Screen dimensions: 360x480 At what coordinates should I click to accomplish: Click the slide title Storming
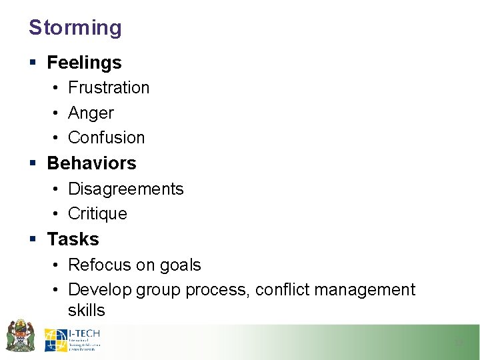point(75,28)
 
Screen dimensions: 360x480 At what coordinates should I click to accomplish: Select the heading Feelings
point(84,63)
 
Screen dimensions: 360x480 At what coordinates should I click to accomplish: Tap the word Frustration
point(109,88)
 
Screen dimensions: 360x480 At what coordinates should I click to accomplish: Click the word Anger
point(91,113)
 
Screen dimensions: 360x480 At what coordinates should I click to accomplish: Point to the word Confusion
point(106,138)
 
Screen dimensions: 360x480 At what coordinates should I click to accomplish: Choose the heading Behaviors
point(91,163)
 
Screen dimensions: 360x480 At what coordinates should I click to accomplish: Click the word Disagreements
point(125,189)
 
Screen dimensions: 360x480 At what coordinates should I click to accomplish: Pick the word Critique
point(97,214)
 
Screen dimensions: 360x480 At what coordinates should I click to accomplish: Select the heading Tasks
point(73,239)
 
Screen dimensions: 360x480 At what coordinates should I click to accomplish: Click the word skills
point(86,310)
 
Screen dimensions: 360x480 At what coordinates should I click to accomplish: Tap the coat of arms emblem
point(20,335)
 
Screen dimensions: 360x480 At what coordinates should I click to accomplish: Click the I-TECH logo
point(72,339)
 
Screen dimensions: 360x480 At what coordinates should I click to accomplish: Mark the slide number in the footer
point(458,343)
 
